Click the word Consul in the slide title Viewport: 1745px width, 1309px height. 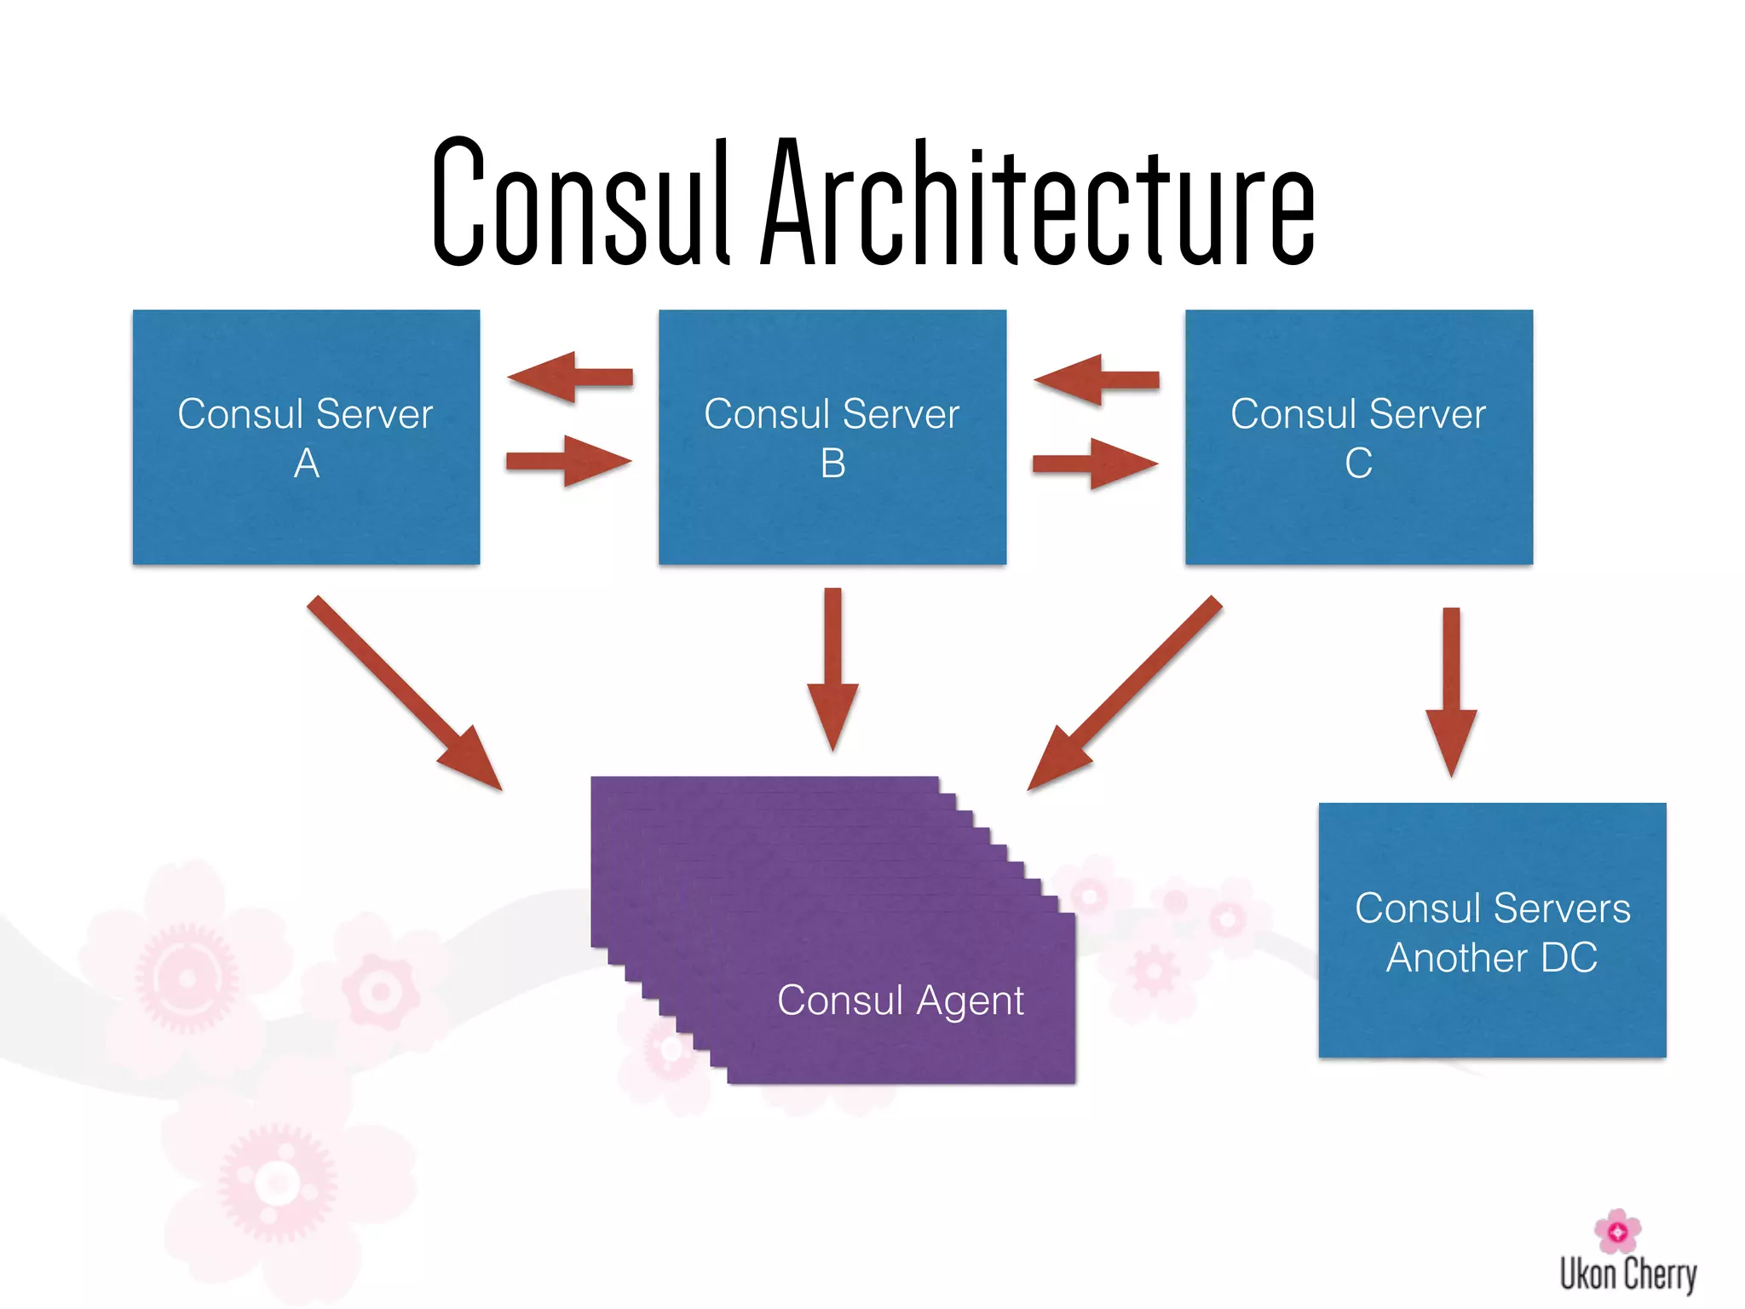[581, 203]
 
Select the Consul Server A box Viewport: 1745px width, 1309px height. [306, 511]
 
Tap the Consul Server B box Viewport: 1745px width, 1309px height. [832, 511]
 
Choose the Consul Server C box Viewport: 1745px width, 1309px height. [1358, 511]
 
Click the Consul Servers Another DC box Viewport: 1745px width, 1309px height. [1492, 1006]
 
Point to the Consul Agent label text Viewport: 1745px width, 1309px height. [900, 1000]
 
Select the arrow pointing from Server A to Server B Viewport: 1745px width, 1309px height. [569, 461]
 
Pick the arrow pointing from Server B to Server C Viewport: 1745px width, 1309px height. [1096, 464]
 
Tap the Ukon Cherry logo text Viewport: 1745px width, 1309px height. [1628, 1275]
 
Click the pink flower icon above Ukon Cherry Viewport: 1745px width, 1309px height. [1617, 1231]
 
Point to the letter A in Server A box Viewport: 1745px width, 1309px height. [307, 464]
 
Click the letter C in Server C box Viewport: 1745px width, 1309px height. [1358, 464]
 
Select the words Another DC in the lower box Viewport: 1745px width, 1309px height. [1492, 958]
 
